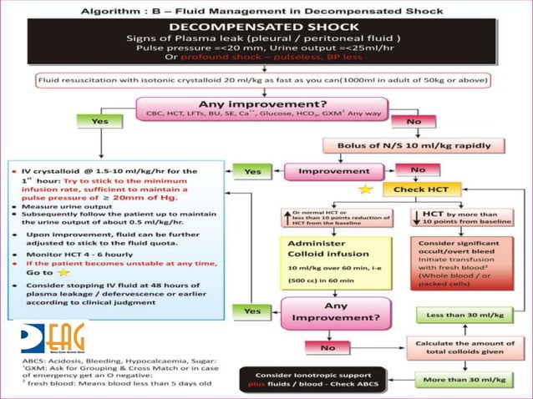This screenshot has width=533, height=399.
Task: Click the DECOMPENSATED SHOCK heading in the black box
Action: [x=266, y=26]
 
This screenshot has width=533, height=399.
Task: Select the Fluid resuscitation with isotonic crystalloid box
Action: [x=266, y=81]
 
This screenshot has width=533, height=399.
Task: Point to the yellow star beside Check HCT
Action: [x=365, y=191]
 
